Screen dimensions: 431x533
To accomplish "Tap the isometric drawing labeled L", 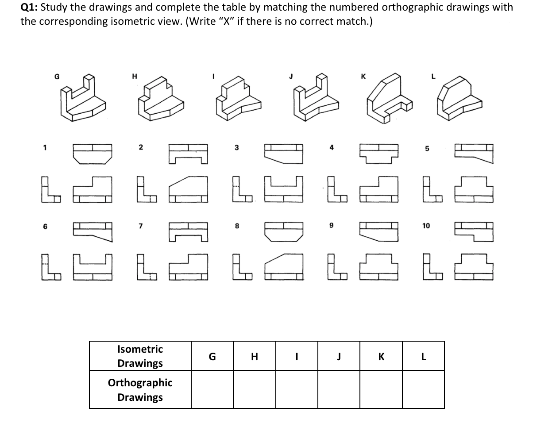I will coord(459,101).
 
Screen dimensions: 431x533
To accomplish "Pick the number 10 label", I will coord(426,226).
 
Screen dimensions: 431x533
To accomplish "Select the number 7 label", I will coord(140,226).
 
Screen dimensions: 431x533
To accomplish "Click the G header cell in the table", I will coord(212,356).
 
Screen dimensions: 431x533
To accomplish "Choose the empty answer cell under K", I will coord(381,389).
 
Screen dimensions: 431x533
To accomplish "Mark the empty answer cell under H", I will coord(254,389).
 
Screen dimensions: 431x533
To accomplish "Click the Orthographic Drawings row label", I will coord(140,389).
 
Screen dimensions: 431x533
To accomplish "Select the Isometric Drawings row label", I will coord(140,356).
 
